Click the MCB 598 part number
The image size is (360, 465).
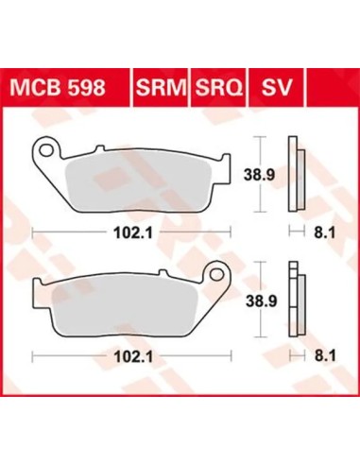click(58, 87)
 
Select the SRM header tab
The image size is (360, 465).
click(161, 87)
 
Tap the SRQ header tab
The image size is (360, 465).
click(218, 87)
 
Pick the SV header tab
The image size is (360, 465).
click(277, 87)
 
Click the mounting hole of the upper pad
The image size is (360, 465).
click(47, 149)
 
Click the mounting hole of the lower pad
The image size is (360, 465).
click(216, 275)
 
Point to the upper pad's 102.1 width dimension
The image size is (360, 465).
click(133, 233)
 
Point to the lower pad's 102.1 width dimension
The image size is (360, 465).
click(133, 357)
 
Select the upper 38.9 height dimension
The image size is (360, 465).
click(260, 174)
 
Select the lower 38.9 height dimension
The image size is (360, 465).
click(261, 301)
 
